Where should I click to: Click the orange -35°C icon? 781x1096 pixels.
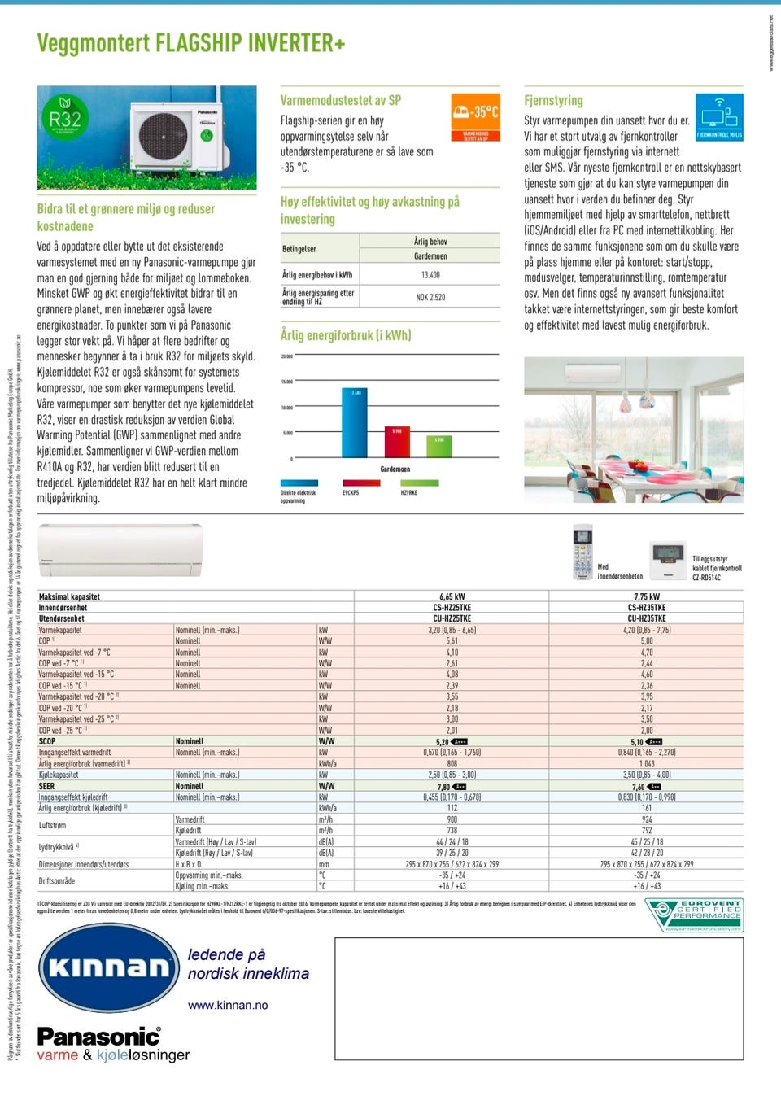(x=475, y=117)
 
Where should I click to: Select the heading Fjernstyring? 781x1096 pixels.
(x=553, y=100)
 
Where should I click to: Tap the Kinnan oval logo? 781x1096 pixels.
(x=107, y=967)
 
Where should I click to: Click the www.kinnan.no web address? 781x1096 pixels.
(x=228, y=1005)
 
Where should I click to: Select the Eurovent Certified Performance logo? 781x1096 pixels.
(x=694, y=915)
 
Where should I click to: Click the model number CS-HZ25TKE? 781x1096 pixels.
(x=452, y=607)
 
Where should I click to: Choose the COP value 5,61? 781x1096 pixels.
(x=452, y=641)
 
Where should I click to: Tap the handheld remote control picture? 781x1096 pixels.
(x=583, y=551)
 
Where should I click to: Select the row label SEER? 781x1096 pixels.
(x=47, y=786)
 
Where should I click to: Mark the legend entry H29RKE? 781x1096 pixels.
(x=409, y=492)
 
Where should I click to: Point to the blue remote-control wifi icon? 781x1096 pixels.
(x=719, y=117)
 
